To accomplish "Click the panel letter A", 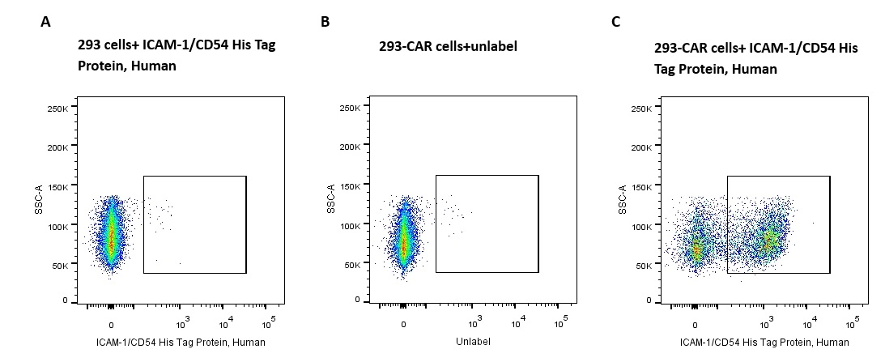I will [x=45, y=22].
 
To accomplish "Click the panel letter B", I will [x=325, y=22].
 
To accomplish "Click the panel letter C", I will [x=616, y=22].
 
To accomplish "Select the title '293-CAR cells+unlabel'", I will [x=448, y=46].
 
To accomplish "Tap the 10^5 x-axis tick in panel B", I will [x=560, y=320].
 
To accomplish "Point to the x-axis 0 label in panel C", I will [x=696, y=323].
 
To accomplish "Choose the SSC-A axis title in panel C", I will [x=621, y=202].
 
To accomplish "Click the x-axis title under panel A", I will [x=181, y=342].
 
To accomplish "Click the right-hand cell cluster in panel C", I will [x=769, y=240].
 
